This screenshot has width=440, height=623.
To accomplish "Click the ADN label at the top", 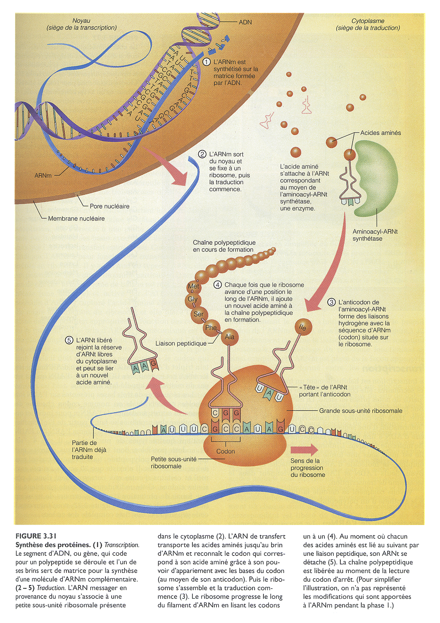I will (x=245, y=22).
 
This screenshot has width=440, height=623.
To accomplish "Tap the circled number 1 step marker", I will (x=207, y=62).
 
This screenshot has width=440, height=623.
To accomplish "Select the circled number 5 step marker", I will (x=69, y=340).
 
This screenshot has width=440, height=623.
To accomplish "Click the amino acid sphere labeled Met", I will (x=193, y=286).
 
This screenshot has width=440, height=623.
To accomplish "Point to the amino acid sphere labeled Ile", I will (x=303, y=327).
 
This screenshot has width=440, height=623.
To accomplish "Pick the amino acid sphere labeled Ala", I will (x=230, y=337).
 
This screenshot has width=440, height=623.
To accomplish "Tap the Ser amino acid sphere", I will (x=198, y=314).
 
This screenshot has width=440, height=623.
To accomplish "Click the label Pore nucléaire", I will (x=109, y=206).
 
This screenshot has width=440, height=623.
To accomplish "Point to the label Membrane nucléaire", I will (x=76, y=218).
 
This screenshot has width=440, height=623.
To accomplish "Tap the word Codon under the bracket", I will (x=226, y=451).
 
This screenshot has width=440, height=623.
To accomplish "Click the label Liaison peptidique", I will (x=181, y=343).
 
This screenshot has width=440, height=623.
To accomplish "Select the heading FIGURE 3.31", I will (x=36, y=536).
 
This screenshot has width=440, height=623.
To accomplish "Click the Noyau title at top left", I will (x=81, y=21).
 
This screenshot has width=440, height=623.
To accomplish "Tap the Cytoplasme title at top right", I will (x=368, y=21).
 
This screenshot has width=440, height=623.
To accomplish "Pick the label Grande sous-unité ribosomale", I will (x=361, y=411).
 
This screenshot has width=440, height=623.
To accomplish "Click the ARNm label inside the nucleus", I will (x=43, y=175).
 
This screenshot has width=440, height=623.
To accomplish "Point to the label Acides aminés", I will (x=380, y=133).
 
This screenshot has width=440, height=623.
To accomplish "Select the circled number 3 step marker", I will (x=331, y=302).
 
